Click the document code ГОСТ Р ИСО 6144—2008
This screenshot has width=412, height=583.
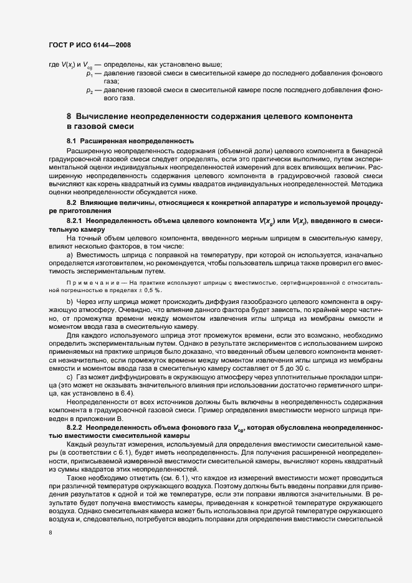pyautogui.click(x=90, y=45)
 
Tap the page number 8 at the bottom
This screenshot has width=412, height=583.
pyautogui.click(x=51, y=532)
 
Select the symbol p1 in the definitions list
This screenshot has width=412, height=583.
pyautogui.click(x=89, y=74)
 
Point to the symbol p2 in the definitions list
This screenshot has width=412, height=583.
pyautogui.click(x=89, y=90)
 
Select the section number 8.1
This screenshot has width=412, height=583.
pyautogui.click(x=71, y=141)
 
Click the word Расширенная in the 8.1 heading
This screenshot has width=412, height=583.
pyautogui.click(x=105, y=141)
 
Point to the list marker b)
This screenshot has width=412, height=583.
pyautogui.click(x=70, y=302)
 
